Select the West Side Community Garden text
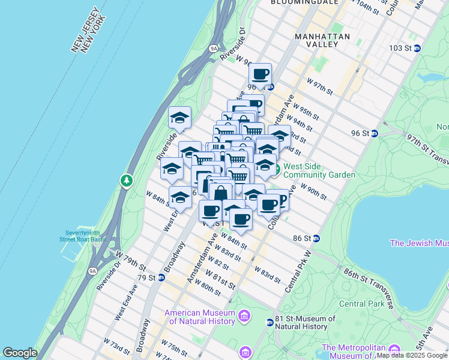319,170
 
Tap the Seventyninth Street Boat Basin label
82,236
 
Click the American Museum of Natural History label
199,317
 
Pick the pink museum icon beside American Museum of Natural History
244,316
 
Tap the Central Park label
360,303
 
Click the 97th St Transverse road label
427,148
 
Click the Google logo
20,353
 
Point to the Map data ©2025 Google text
412,356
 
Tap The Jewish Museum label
419,243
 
